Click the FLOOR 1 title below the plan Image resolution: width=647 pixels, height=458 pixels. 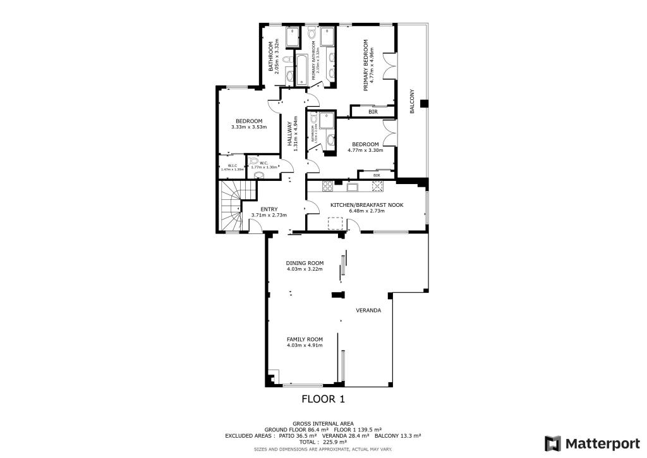coord(323,399)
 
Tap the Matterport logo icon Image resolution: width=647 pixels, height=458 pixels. coord(552,443)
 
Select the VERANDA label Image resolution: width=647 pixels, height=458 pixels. coord(369,311)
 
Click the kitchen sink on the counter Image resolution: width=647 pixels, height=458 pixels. coord(352,186)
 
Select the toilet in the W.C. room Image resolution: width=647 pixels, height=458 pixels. coord(257,175)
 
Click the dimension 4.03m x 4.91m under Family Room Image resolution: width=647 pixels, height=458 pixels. coord(305,345)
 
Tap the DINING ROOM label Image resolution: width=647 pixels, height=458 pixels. coord(305,263)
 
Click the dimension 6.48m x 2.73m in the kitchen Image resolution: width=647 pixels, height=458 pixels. coord(367,211)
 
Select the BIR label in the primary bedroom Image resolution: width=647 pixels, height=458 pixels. coord(372,112)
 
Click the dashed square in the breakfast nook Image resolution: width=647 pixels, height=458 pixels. coord(336,223)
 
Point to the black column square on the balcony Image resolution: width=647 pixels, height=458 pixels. coord(424,103)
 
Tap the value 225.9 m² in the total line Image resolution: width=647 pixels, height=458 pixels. coord(337,442)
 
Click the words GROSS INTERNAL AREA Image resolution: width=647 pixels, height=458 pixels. coord(323,423)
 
